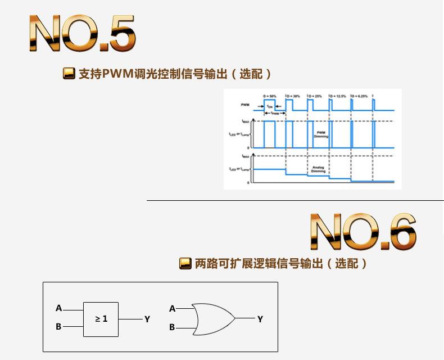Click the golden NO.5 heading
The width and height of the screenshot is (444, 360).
(x=81, y=35)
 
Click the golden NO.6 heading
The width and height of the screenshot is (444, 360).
(x=363, y=231)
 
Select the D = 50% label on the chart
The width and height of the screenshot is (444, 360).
(x=270, y=97)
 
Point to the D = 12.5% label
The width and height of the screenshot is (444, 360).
(x=339, y=97)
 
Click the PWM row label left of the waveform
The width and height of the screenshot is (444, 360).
(x=245, y=106)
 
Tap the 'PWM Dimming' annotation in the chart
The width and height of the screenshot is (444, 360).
(x=321, y=134)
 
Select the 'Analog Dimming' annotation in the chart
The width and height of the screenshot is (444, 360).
(x=318, y=169)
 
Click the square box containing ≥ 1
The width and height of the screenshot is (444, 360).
(x=101, y=319)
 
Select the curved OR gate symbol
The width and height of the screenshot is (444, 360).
(x=214, y=319)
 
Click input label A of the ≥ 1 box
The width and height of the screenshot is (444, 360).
(x=58, y=308)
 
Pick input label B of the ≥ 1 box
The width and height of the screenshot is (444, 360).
(x=58, y=327)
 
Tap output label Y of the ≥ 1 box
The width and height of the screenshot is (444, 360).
(x=147, y=319)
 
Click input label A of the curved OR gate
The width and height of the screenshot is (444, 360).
(x=173, y=308)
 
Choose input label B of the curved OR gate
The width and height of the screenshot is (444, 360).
(x=173, y=327)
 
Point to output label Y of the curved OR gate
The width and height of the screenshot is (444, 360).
(x=260, y=319)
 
